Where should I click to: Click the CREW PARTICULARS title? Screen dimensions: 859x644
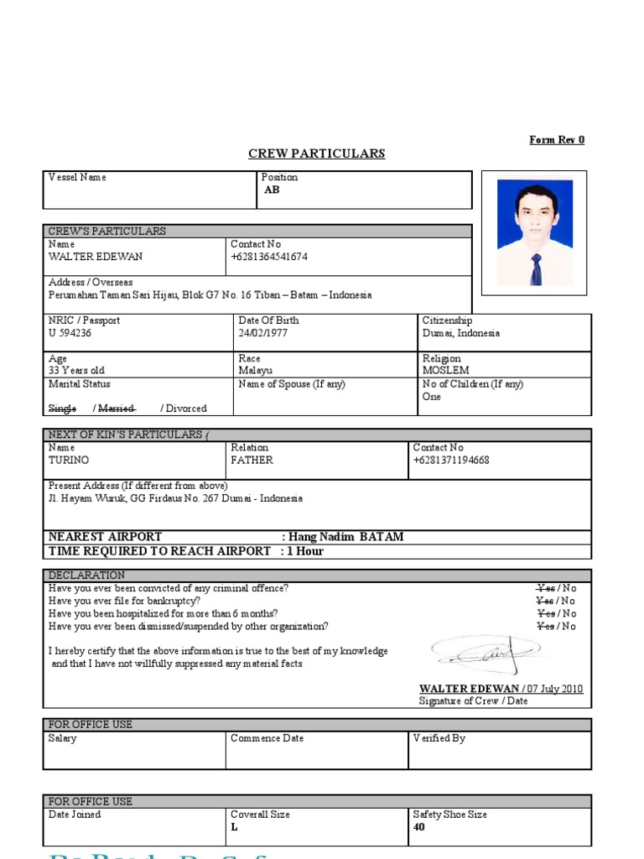tap(316, 154)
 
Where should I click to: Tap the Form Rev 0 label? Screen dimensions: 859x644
tap(557, 140)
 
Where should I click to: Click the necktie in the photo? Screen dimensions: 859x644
tap(536, 268)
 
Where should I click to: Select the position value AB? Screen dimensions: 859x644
tap(272, 190)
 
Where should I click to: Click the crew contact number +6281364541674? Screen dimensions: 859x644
tap(268, 257)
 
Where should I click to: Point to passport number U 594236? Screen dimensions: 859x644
tap(70, 333)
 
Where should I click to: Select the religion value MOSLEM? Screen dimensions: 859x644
tap(445, 370)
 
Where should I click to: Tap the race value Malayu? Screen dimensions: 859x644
tap(256, 370)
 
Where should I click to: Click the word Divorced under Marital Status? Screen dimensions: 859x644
tap(186, 409)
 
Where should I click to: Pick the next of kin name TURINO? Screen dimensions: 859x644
tap(69, 461)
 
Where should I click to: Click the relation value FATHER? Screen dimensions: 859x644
tap(252, 461)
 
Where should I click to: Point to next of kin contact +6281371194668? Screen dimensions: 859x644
tap(451, 461)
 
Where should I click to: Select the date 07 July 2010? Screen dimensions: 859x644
tap(554, 690)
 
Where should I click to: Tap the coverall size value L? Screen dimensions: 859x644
tap(234, 827)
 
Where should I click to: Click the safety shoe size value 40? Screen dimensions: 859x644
tap(419, 827)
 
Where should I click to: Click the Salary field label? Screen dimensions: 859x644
tap(63, 738)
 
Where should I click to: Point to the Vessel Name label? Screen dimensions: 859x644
tap(77, 177)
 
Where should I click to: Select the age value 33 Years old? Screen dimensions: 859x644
tap(76, 370)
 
